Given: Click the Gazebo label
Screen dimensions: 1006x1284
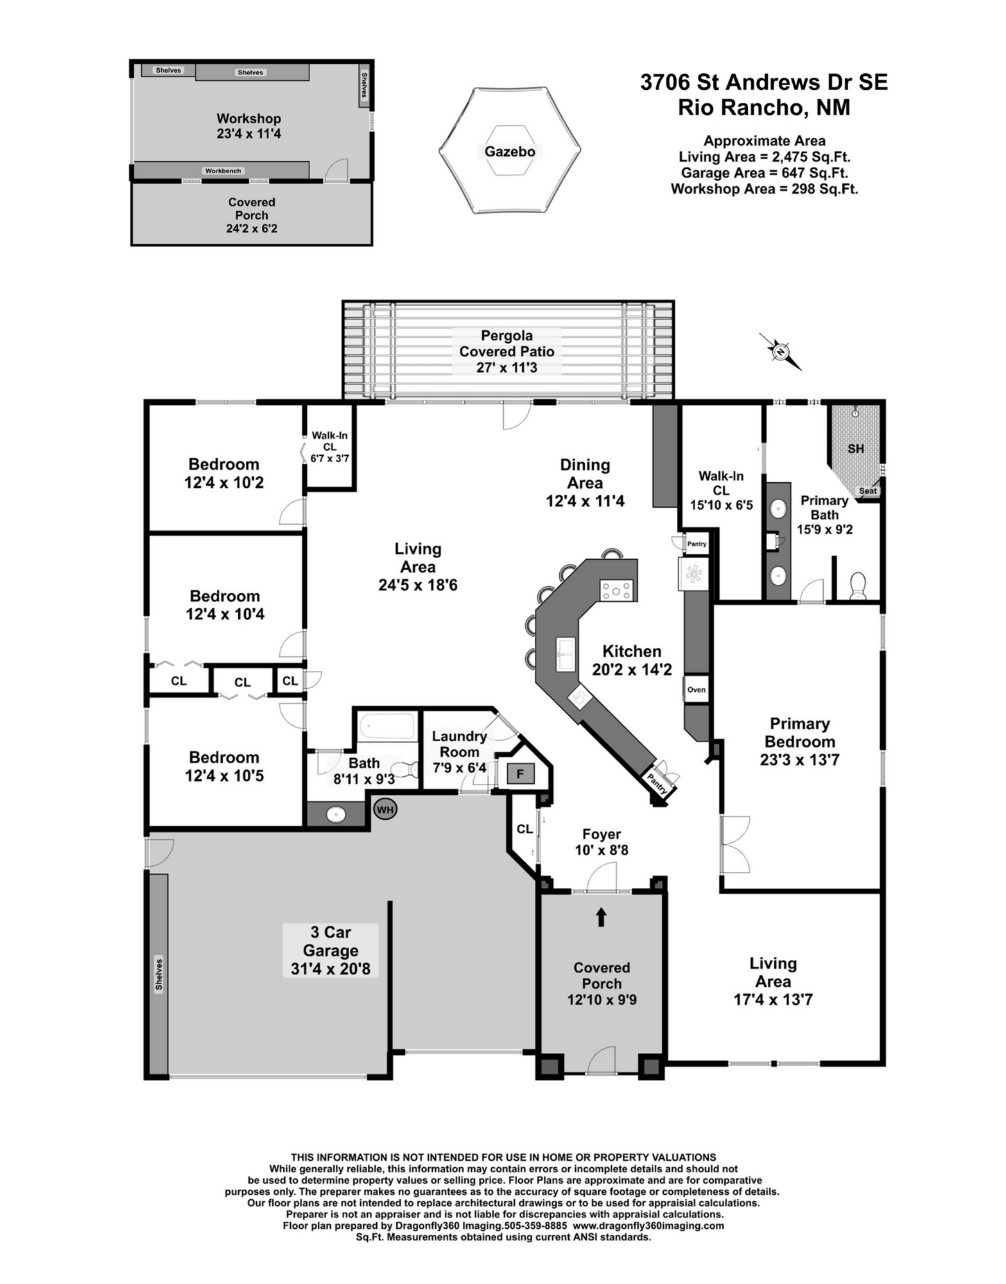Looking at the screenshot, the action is point(510,152).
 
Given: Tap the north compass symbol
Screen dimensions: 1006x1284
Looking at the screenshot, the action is point(781,352).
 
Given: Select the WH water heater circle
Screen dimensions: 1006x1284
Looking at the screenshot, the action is point(385,810).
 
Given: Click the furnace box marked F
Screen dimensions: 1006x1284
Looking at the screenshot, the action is point(521,774).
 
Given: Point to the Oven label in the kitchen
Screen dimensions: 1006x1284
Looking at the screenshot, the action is point(696,690).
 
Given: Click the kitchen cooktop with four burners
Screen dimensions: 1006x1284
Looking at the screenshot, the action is point(617,589).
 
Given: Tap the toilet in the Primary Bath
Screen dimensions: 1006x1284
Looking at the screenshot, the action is point(858,586).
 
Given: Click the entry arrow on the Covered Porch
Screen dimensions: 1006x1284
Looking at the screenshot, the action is point(601,917).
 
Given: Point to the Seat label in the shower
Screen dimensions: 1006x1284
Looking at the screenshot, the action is point(868,490).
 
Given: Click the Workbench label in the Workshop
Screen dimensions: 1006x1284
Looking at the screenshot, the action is point(223,171).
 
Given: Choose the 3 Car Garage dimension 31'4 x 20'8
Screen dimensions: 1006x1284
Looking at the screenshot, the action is point(331,969).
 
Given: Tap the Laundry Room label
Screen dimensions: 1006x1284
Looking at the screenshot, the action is point(459,744).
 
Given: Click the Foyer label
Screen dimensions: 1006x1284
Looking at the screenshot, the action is point(602,834).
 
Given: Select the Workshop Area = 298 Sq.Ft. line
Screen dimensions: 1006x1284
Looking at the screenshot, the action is point(764,189).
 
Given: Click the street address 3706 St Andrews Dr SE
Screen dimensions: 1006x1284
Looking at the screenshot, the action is point(764,82).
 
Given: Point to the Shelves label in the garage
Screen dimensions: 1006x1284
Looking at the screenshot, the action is point(159,974).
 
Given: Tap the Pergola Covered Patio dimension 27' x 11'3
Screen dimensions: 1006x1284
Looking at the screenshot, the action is point(507,367).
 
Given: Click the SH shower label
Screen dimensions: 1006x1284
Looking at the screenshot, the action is point(856,449).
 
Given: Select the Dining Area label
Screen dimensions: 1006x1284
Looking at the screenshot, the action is point(585,474).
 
